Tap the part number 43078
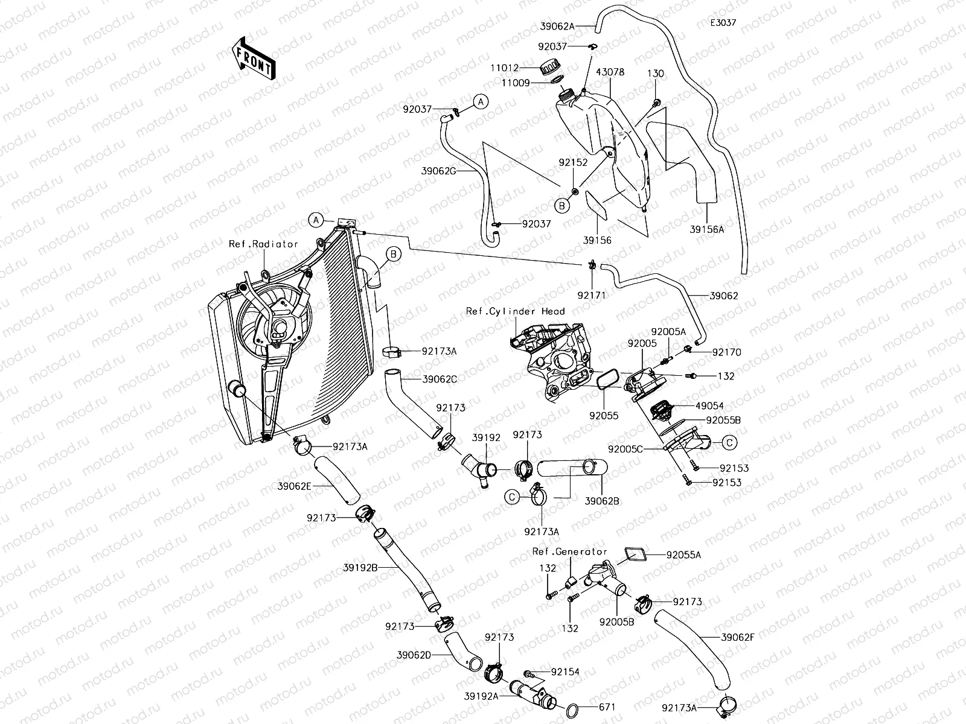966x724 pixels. pyautogui.click(x=610, y=72)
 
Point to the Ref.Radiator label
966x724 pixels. pyautogui.click(x=263, y=244)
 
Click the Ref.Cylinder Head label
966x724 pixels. pyautogui.click(x=515, y=311)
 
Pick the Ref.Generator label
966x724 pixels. pyautogui.click(x=569, y=551)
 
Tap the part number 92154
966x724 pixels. pyautogui.click(x=565, y=672)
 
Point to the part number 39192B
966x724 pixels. pyautogui.click(x=361, y=568)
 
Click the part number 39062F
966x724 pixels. pyautogui.click(x=738, y=637)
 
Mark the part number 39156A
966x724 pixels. pyautogui.click(x=707, y=230)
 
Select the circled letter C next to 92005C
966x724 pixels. pyautogui.click(x=729, y=443)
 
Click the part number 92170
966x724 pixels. pyautogui.click(x=727, y=352)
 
